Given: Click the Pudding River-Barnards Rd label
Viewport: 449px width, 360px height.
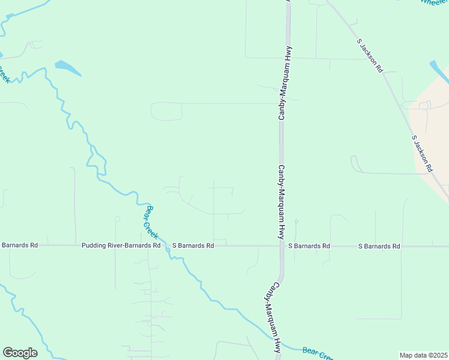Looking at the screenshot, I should (x=121, y=245).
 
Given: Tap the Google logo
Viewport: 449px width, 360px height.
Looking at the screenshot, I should (x=20, y=353).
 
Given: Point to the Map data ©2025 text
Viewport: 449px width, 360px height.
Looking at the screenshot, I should (x=424, y=355).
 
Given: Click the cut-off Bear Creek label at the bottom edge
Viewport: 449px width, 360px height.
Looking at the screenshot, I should (x=318, y=354).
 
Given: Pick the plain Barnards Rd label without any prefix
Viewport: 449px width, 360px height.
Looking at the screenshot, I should (x=19, y=245).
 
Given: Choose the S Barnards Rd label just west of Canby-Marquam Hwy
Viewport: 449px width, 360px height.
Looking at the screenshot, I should (x=193, y=245).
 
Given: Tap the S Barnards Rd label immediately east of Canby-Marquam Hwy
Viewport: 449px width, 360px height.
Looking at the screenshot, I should (x=309, y=246).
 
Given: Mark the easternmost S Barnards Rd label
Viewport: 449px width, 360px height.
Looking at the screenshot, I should (x=379, y=246).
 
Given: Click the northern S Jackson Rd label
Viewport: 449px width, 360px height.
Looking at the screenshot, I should (x=370, y=56).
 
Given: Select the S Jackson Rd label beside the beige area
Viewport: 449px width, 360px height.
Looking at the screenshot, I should (x=422, y=154).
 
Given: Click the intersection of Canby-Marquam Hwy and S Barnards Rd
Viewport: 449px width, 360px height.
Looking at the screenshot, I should (x=281, y=246).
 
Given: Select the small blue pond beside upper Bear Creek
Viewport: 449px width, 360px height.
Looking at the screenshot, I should (x=67, y=68).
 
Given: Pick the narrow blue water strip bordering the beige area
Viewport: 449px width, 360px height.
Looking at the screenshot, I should (x=439, y=71).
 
